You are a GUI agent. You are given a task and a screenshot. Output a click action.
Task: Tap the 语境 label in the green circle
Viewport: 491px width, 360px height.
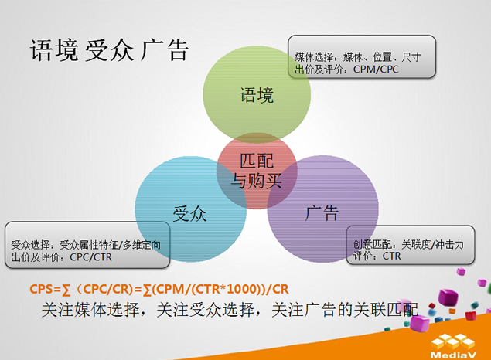[x=255, y=96]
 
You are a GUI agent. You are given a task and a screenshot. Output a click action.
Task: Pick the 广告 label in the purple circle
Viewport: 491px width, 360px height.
[x=322, y=212]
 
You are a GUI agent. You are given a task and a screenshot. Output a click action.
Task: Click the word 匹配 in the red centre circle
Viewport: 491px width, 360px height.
[x=257, y=161]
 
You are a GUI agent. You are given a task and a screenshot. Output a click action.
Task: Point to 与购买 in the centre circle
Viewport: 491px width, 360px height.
[x=257, y=182]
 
